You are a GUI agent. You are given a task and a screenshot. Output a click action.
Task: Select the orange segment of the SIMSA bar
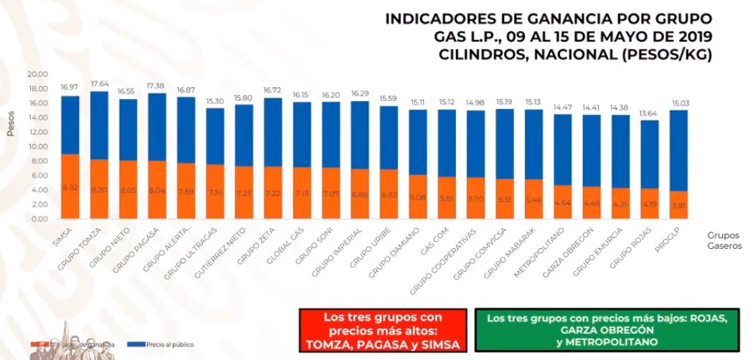tap(70, 186)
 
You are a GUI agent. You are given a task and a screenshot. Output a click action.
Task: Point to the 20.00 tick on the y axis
tap(37, 74)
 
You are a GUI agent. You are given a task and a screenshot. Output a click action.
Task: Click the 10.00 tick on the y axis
tap(37, 146)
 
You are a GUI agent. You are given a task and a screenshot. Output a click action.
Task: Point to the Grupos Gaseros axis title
tap(724, 240)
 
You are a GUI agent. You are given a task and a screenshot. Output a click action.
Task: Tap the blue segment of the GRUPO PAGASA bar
tap(156, 127)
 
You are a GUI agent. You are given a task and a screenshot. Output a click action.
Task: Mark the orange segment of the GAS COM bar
tap(446, 197)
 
